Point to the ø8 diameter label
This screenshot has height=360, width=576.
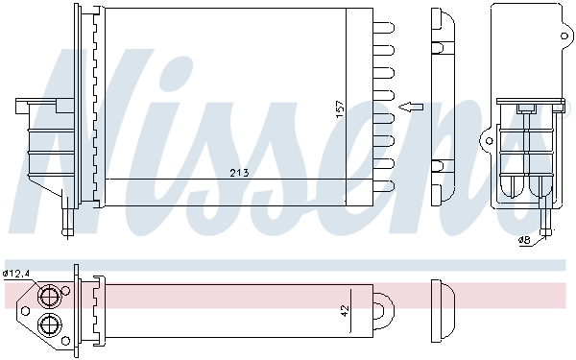point(524,239)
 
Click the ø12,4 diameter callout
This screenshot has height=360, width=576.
point(16,274)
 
